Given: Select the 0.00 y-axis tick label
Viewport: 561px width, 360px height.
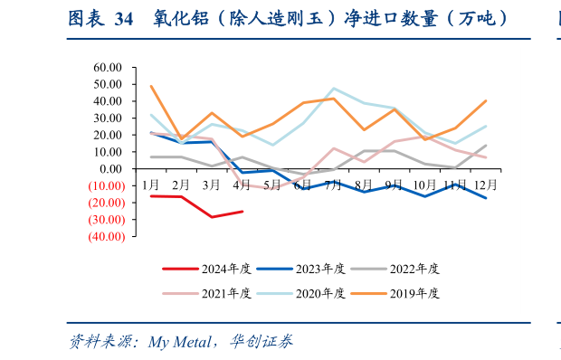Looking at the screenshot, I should coord(110,169).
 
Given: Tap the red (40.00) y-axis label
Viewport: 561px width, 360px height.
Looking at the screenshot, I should coord(105,236).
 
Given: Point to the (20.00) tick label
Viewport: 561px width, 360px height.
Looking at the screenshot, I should coord(105,203).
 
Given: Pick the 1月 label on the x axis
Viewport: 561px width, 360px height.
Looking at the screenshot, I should coord(150,185).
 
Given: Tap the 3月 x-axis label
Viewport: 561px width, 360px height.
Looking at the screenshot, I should coord(212,185).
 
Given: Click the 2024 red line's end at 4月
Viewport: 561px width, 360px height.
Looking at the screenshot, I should coord(242,212).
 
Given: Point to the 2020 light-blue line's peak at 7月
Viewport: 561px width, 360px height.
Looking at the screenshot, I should coord(334,89).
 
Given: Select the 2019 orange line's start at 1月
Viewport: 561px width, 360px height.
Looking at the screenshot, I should coord(150,86).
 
